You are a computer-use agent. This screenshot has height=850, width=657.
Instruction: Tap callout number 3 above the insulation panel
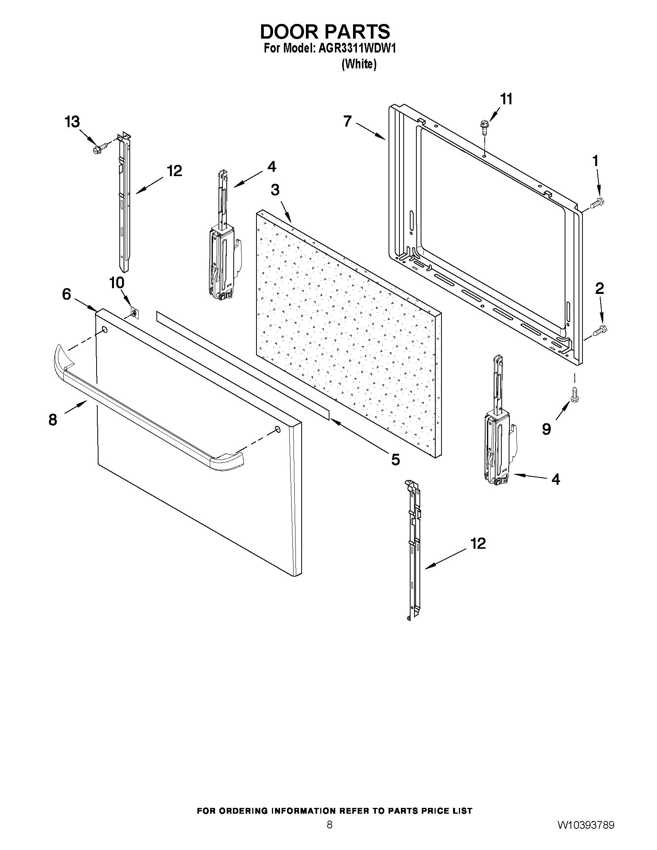(x=275, y=190)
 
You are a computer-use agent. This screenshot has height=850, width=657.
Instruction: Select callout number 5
(x=395, y=460)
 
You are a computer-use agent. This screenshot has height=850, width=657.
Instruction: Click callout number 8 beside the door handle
(x=53, y=420)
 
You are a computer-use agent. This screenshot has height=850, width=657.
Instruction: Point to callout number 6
(x=66, y=294)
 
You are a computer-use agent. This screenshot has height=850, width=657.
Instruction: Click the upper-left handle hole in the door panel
(x=104, y=330)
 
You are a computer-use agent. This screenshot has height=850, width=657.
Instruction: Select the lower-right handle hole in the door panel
(x=277, y=429)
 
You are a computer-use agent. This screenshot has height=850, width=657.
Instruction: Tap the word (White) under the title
(x=359, y=64)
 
